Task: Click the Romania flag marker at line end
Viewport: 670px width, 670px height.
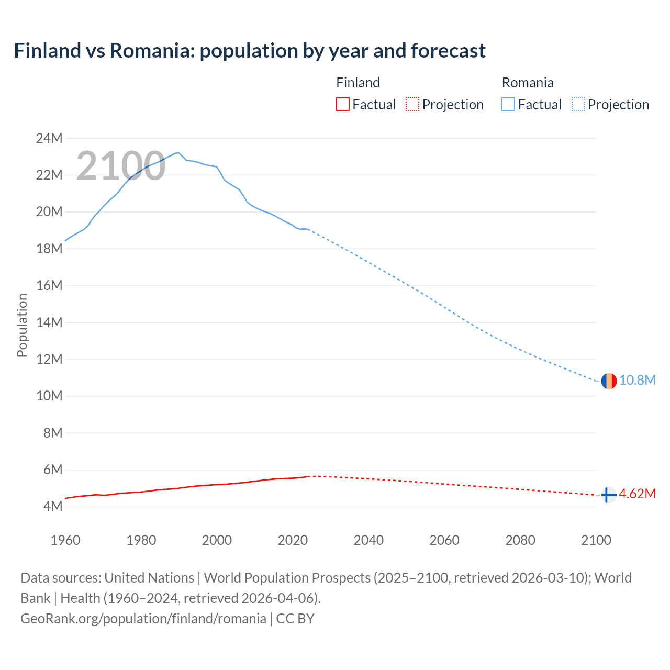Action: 609,381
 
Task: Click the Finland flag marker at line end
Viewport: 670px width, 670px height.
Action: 608,495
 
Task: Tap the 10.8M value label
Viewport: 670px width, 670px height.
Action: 638,381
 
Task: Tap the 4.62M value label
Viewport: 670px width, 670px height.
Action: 638,494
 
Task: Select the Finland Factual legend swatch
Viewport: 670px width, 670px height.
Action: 342,105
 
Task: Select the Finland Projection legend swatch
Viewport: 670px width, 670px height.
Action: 412,105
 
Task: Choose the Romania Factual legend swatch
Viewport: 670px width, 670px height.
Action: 508,105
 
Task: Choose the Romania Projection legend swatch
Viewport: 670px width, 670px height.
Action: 578,105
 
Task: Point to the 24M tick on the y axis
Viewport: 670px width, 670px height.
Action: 49,139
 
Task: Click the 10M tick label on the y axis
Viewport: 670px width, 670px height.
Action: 49,396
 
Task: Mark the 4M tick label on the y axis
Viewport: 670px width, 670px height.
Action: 52,507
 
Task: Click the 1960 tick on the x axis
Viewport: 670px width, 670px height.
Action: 65,540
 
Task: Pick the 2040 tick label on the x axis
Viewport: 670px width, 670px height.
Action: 368,540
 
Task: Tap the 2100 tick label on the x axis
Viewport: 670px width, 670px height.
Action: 596,540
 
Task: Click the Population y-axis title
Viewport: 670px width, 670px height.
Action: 22,325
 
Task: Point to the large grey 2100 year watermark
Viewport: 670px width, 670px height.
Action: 121,166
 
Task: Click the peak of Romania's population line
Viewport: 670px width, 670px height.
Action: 178,152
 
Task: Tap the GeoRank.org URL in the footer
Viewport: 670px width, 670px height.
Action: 143,619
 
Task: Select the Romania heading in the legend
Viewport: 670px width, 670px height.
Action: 528,83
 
